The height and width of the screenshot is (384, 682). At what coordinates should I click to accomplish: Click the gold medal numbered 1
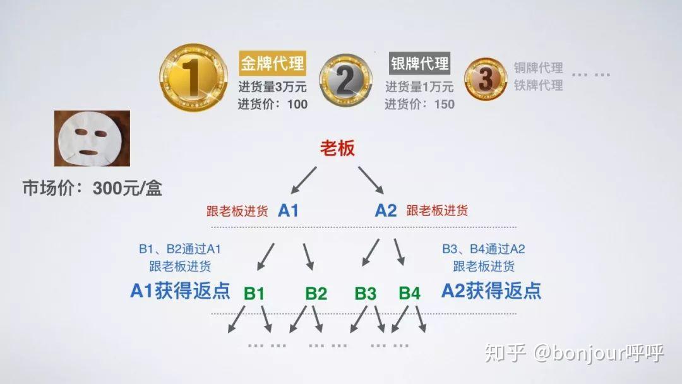(x=194, y=78)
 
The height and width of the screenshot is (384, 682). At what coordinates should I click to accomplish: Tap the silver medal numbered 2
(x=346, y=80)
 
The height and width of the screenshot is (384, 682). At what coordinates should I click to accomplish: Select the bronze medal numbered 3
(x=486, y=79)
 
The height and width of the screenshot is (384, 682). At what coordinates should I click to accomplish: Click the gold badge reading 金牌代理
(x=272, y=64)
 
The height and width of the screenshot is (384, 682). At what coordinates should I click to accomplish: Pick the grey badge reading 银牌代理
(x=419, y=64)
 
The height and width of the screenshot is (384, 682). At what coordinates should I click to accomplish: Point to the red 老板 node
(x=337, y=148)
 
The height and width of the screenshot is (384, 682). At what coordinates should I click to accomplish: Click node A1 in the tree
(x=288, y=210)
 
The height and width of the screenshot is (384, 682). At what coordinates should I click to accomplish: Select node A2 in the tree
(x=386, y=210)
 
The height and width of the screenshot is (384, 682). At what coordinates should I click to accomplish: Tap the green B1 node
(x=254, y=294)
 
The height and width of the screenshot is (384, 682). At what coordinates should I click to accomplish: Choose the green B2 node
(x=316, y=294)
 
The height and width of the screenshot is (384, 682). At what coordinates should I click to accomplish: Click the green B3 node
(x=366, y=294)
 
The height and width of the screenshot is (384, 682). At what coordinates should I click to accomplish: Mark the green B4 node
(x=410, y=294)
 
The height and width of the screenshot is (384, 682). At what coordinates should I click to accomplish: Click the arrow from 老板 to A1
(x=304, y=180)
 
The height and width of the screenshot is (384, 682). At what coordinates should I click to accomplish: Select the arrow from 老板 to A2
(x=371, y=180)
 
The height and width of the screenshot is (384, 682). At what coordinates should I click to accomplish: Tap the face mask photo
(x=92, y=138)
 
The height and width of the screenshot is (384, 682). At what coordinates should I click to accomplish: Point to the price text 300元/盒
(x=128, y=188)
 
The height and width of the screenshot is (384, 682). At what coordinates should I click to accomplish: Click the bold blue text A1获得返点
(x=180, y=291)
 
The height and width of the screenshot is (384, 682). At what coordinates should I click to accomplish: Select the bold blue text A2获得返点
(x=491, y=291)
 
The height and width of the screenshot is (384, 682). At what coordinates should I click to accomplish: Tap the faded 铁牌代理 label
(x=539, y=85)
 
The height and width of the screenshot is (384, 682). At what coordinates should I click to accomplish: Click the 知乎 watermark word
(x=505, y=352)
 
